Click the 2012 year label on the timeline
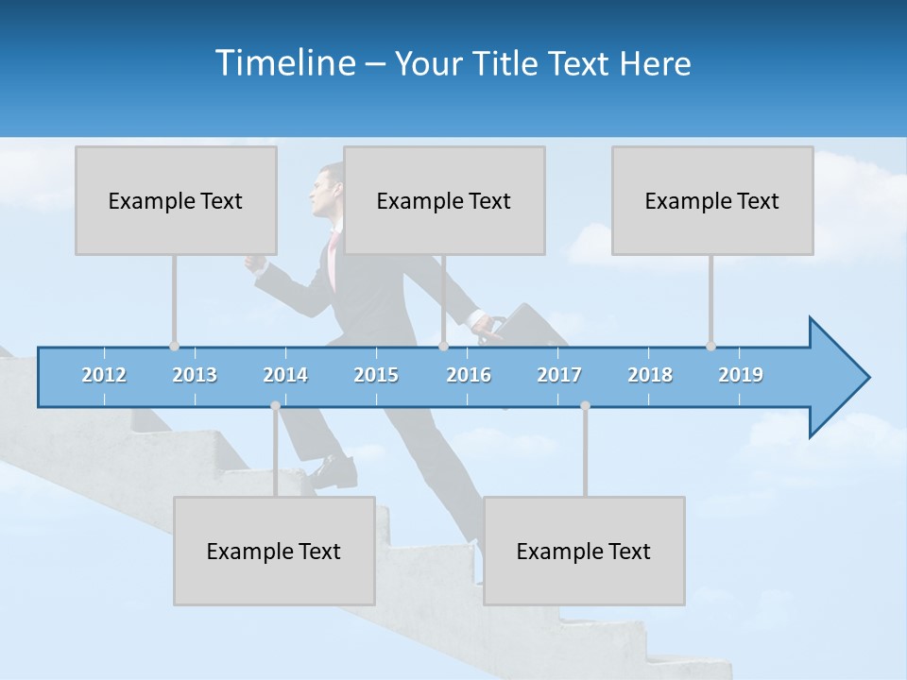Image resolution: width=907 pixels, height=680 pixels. [104, 375]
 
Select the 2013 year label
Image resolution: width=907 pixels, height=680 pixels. [195, 375]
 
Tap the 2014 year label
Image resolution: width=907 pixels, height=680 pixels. [285, 375]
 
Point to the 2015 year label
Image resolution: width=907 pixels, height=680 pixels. [376, 375]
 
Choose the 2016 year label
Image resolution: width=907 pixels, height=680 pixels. [469, 375]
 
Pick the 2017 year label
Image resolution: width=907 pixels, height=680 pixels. [559, 375]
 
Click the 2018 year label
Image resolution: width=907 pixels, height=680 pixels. [650, 375]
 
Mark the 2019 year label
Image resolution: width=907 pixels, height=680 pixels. [741, 375]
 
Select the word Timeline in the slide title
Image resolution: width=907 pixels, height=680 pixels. [285, 63]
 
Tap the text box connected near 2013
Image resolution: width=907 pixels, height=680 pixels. [176, 200]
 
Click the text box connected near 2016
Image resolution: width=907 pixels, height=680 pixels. [444, 200]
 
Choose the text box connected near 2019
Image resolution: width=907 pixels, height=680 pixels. [712, 200]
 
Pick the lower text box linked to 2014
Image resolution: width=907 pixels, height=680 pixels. [274, 551]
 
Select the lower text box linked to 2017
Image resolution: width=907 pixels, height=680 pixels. [584, 551]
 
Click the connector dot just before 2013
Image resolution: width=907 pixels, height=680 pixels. [174, 347]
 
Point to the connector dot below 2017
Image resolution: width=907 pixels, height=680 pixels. [585, 406]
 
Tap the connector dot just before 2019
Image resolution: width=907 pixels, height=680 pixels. [710, 347]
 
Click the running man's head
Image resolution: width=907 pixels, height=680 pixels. [329, 189]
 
